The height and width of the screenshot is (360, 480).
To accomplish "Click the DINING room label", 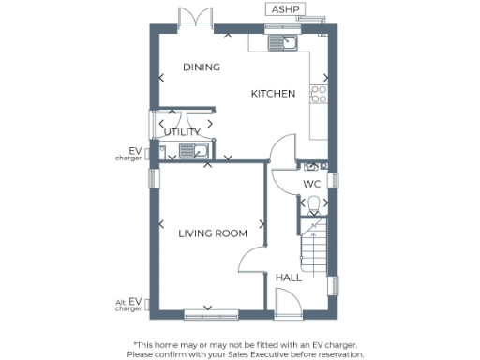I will [x=202, y=67].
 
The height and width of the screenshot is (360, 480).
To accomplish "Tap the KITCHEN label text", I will [x=273, y=94].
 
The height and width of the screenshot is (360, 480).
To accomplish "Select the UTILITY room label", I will [x=182, y=132].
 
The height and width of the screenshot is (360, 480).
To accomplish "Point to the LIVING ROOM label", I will [x=213, y=233].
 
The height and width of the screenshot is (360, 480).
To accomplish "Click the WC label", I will [x=312, y=185].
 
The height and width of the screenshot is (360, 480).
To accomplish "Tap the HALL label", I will [x=288, y=277].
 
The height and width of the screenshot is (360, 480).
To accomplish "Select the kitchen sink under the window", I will [x=281, y=42].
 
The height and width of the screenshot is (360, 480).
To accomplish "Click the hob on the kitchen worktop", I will [x=319, y=94].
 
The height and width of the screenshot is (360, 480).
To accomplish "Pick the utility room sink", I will [x=189, y=150].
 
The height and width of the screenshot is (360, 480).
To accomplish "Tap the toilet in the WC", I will [x=312, y=203].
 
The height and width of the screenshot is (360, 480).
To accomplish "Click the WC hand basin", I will [x=312, y=165].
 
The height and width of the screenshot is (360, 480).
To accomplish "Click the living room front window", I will [x=207, y=311].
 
